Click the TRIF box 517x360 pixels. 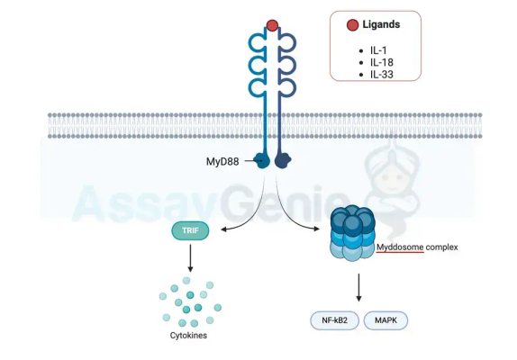point(191,231)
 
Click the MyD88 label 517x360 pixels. point(224,162)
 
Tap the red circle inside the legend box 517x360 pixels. point(352,25)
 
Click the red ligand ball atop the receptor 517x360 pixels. point(273,25)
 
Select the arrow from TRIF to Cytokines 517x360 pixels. point(191,257)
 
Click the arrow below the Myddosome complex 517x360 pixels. point(359,286)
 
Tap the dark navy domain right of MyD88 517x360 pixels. point(283,161)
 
